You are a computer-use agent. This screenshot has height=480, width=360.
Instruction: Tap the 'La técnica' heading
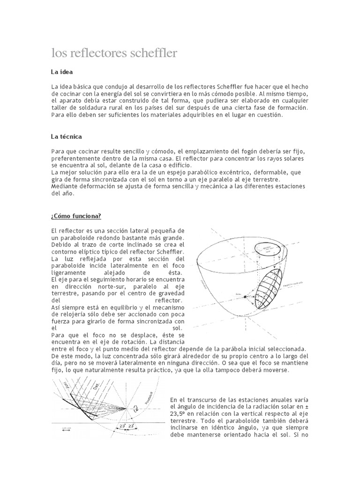tap(67, 136)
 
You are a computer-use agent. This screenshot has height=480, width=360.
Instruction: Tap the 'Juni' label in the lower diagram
tap(67, 387)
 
